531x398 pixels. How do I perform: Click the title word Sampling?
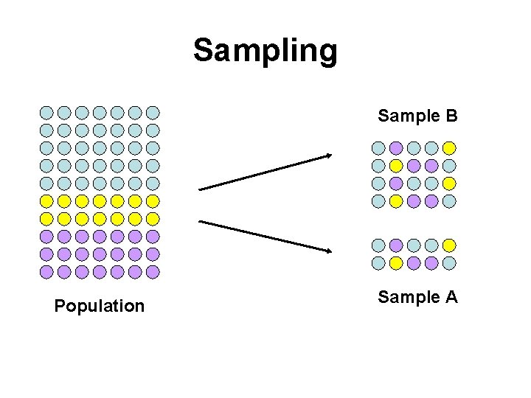pyautogui.click(x=265, y=52)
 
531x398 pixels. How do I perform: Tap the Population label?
pyautogui.click(x=100, y=305)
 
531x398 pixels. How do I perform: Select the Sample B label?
pyautogui.click(x=418, y=116)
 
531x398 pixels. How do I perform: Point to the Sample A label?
pyautogui.click(x=418, y=297)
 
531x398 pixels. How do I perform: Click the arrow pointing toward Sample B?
pyautogui.click(x=265, y=172)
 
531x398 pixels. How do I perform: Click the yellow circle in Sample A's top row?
pyautogui.click(x=449, y=245)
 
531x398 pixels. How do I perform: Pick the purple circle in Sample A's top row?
pyautogui.click(x=396, y=245)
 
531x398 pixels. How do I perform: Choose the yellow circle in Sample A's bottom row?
pyautogui.click(x=396, y=262)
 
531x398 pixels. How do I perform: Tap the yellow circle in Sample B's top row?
pyautogui.click(x=449, y=147)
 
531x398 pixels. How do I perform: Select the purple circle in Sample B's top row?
pyautogui.click(x=396, y=147)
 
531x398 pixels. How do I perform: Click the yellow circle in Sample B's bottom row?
pyautogui.click(x=396, y=200)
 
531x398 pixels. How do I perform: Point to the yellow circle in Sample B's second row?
pyautogui.click(x=396, y=165)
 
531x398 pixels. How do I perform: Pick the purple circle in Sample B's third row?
pyautogui.click(x=396, y=183)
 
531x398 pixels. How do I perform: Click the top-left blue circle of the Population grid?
pyautogui.click(x=46, y=113)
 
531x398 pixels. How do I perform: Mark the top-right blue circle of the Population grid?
pyautogui.click(x=153, y=113)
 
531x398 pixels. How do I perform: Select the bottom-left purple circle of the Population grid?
pyautogui.click(x=46, y=271)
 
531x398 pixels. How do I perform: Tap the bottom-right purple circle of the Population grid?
pyautogui.click(x=153, y=271)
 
